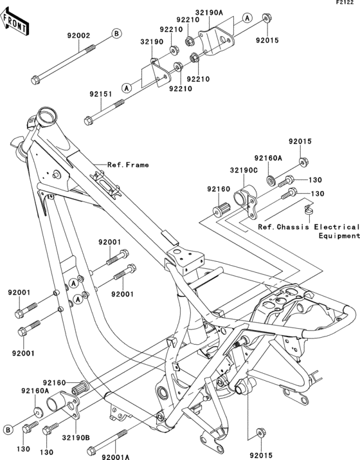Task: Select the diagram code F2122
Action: point(346,4)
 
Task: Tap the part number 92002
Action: point(76,36)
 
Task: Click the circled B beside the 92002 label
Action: point(116,33)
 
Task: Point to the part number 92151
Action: point(101,94)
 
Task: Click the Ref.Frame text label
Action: point(128,165)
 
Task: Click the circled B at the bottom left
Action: point(8,429)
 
